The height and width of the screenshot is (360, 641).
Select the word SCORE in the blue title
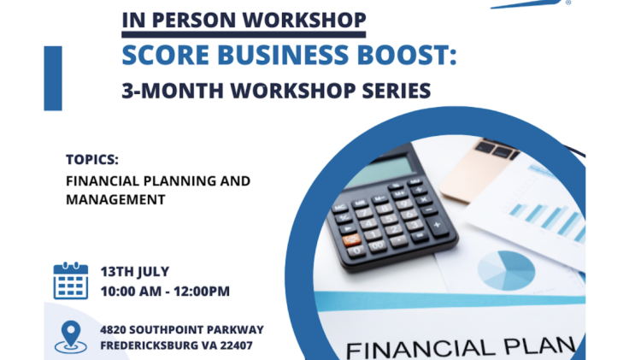[166, 55]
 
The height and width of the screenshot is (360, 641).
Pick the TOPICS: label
[92, 160]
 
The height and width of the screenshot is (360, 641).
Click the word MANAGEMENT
[115, 199]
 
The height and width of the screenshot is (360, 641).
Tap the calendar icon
[71, 280]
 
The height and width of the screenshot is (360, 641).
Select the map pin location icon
[71, 336]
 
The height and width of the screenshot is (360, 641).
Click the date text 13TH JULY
[135, 272]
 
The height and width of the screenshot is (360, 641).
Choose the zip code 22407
[236, 345]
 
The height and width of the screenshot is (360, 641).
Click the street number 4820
[113, 330]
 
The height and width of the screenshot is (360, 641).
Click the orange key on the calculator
[351, 239]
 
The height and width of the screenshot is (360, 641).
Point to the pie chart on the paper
[506, 270]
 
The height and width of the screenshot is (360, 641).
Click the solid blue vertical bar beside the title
[53, 78]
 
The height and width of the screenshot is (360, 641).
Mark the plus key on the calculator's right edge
[437, 225]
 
